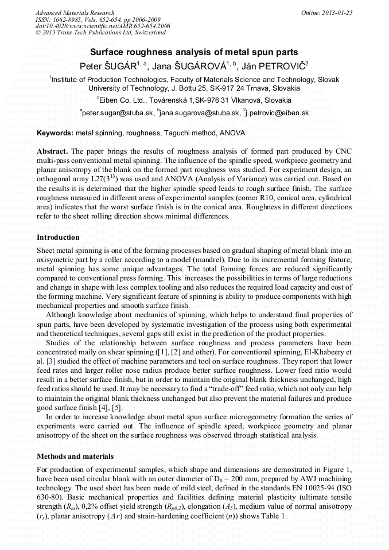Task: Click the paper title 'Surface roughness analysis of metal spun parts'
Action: (x=194, y=52)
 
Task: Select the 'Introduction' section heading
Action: (x=58, y=237)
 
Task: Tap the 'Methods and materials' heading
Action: (x=75, y=457)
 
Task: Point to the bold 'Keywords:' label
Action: (x=55, y=132)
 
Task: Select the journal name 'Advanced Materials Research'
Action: (x=75, y=13)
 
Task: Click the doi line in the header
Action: (x=103, y=26)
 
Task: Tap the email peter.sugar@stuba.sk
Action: (x=117, y=114)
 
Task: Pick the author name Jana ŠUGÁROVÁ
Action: (x=192, y=65)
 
